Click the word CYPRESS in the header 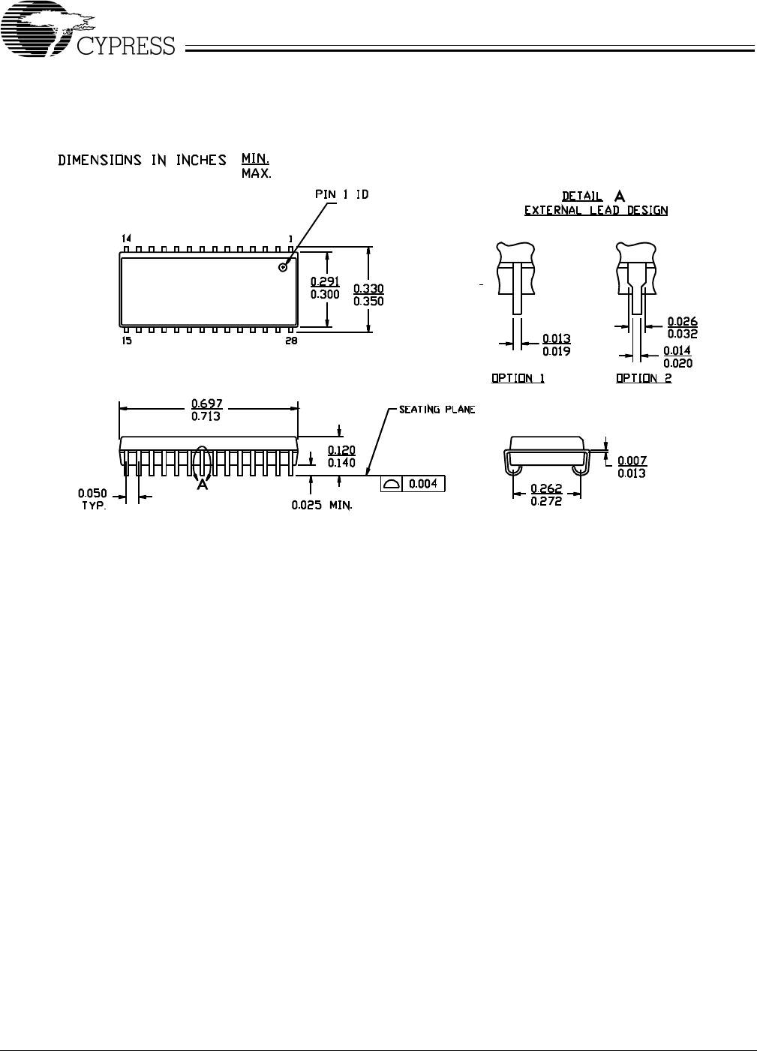pos(126,46)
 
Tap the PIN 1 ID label pos(341,194)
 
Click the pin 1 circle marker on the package pos(283,267)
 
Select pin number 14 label pos(126,239)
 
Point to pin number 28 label pos(291,341)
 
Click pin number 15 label pos(127,341)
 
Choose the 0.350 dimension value pos(369,302)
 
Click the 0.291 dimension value pos(325,281)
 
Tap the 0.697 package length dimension pos(206,404)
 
